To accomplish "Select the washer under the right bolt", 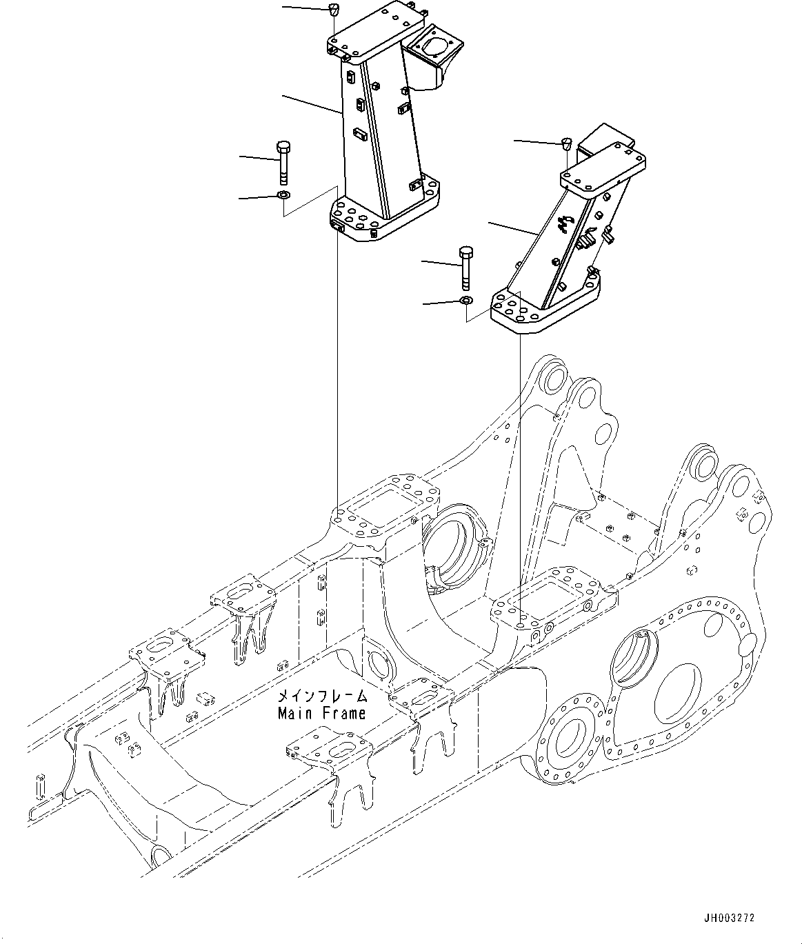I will pyautogui.click(x=466, y=301).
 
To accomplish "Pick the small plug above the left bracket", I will pyautogui.click(x=333, y=10).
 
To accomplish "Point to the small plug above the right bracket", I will pyautogui.click(x=566, y=143).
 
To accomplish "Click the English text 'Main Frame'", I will pyautogui.click(x=321, y=713).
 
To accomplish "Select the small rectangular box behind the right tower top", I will pyautogui.click(x=600, y=138).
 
